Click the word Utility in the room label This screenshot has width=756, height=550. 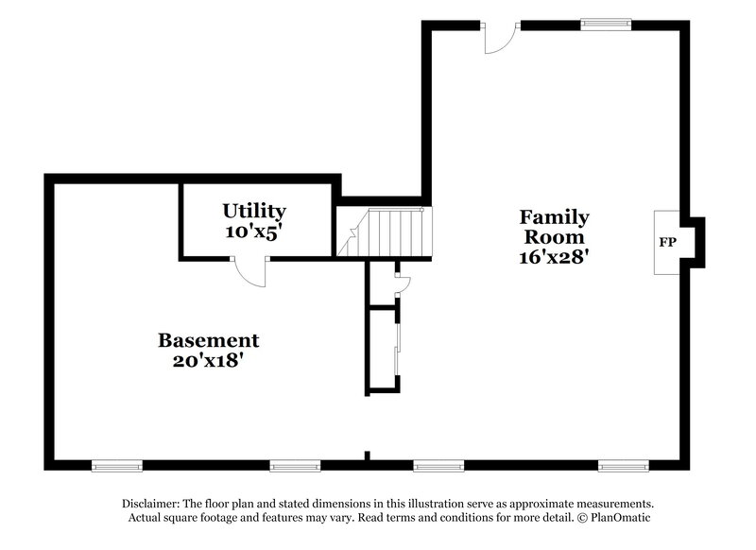pyautogui.click(x=254, y=211)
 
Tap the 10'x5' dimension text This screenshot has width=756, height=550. pyautogui.click(x=254, y=232)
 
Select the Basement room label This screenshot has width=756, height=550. pyautogui.click(x=208, y=340)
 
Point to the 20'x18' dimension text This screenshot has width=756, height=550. pyautogui.click(x=208, y=360)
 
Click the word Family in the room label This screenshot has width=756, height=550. pyautogui.click(x=554, y=217)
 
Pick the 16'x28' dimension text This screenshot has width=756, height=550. pyautogui.click(x=554, y=257)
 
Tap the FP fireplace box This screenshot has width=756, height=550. pyautogui.click(x=667, y=243)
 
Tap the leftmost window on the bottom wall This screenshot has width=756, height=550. pyautogui.click(x=117, y=465)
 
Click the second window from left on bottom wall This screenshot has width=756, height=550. pyautogui.click(x=296, y=465)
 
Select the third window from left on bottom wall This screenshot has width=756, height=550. pyautogui.click(x=438, y=465)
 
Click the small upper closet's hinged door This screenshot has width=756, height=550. pyautogui.click(x=401, y=283)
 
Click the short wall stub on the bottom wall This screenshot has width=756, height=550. pyautogui.click(x=368, y=457)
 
